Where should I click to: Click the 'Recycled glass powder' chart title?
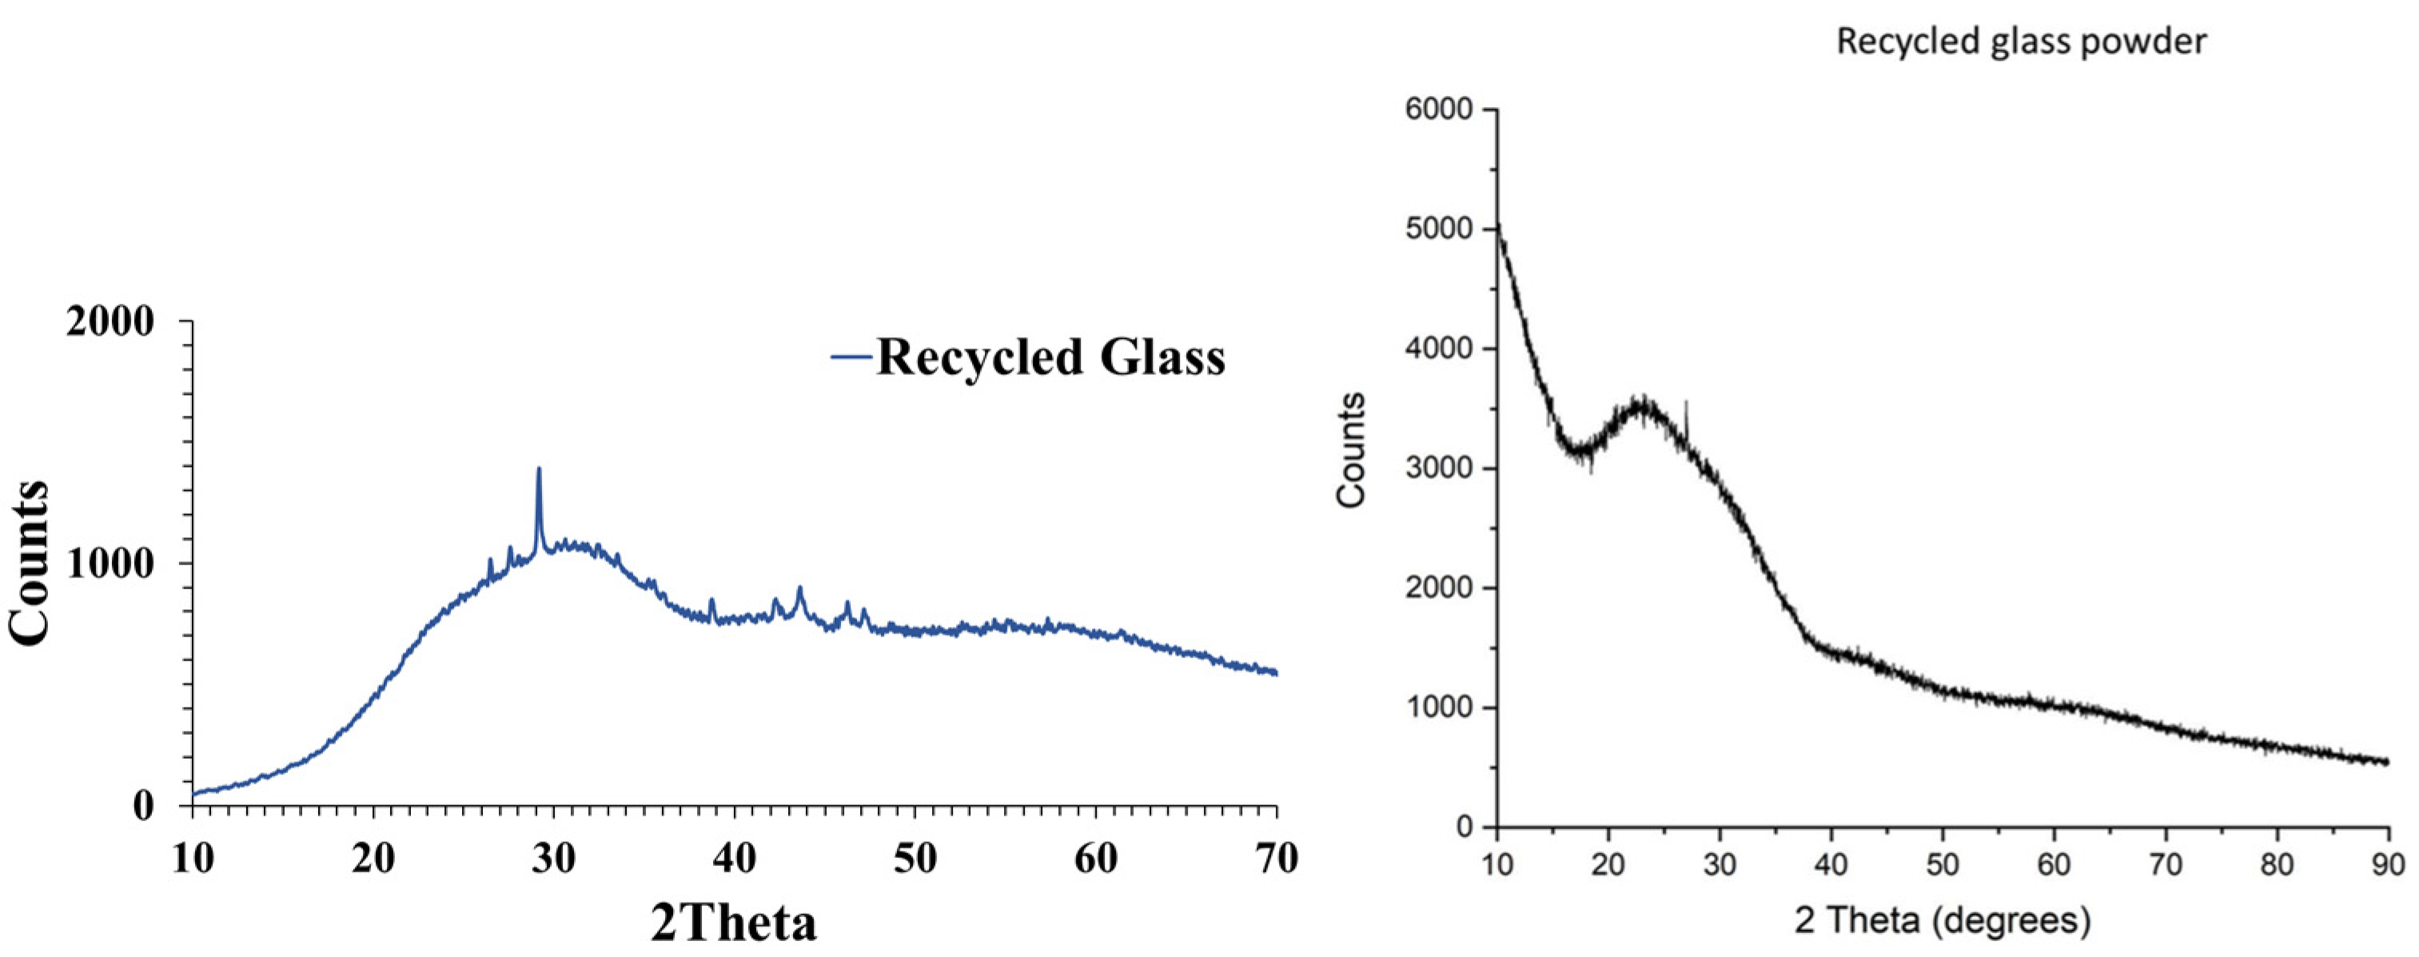2021,42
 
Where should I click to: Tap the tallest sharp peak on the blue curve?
539,469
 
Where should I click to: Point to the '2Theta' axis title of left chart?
733,923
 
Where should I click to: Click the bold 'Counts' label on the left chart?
30,563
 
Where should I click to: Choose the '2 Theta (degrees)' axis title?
1942,920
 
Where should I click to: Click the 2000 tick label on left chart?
110,322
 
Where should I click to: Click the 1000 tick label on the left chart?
110,564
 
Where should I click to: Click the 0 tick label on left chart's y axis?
143,806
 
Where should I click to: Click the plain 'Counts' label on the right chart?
1351,451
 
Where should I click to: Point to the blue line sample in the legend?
851,357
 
